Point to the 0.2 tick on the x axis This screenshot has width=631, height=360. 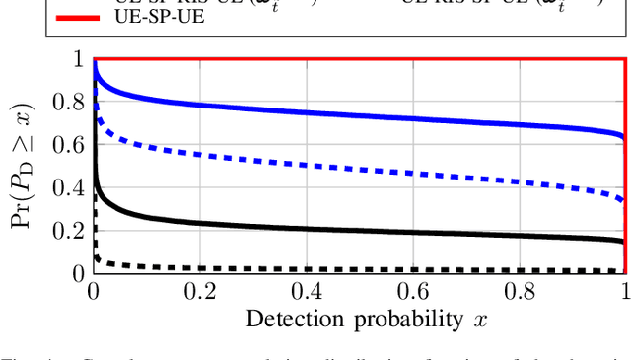[199, 292]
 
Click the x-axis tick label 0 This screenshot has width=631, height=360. [94, 292]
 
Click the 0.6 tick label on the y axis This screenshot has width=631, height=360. [71, 144]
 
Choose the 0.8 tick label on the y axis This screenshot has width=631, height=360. [71, 102]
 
